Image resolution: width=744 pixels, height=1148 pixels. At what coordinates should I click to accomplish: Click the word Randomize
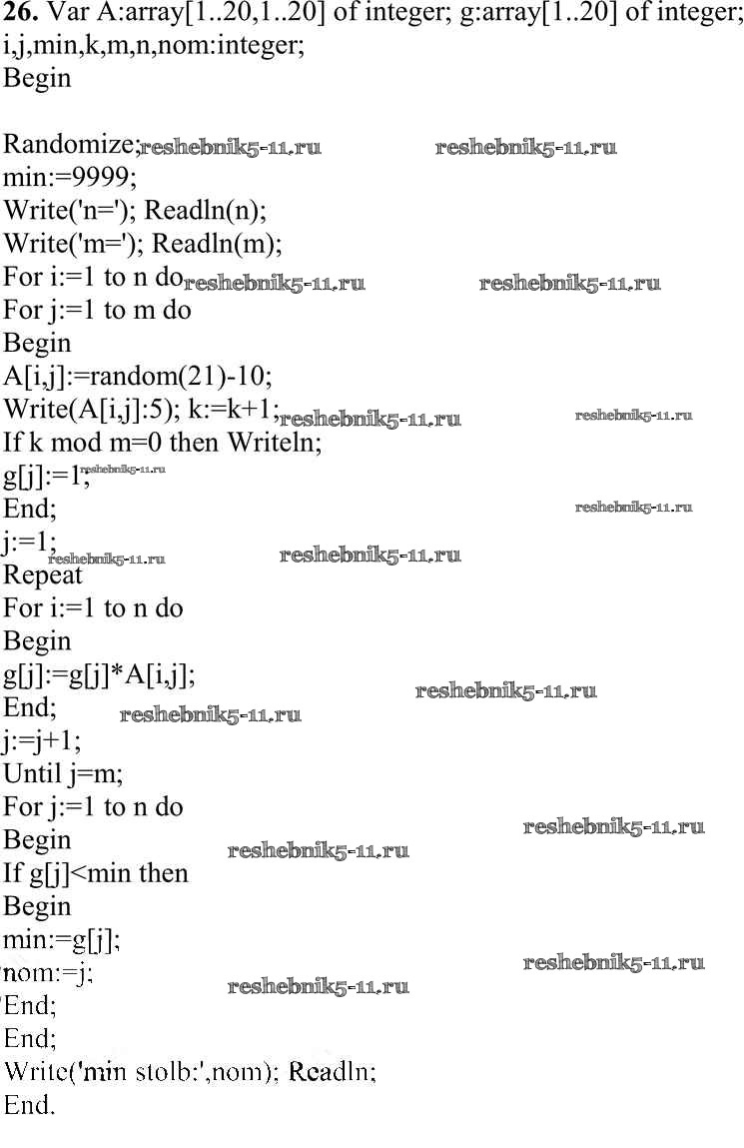(x=70, y=145)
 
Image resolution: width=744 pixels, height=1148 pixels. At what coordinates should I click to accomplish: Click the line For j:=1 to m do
(x=97, y=310)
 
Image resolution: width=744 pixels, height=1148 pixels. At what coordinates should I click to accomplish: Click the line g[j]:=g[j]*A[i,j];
(x=99, y=674)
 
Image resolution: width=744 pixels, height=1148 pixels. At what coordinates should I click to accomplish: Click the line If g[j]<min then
(x=96, y=873)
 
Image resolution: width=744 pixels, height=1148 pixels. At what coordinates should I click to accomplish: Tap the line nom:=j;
(x=48, y=972)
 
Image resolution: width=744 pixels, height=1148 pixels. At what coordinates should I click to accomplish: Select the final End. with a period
(x=30, y=1105)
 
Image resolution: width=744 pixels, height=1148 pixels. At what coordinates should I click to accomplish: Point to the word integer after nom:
(x=256, y=46)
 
